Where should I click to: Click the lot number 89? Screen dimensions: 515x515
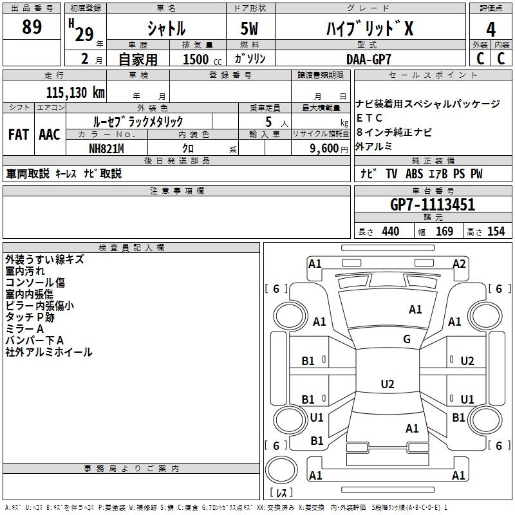click(x=32, y=28)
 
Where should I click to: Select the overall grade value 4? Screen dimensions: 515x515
click(x=491, y=30)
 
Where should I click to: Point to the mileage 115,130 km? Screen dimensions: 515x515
click(x=75, y=92)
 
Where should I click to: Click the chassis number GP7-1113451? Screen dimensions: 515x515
click(x=433, y=205)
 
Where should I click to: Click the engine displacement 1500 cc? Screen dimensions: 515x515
click(x=196, y=59)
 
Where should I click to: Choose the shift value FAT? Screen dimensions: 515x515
click(x=19, y=135)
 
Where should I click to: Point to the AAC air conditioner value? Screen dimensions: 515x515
click(x=50, y=135)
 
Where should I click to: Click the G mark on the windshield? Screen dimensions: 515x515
click(x=407, y=339)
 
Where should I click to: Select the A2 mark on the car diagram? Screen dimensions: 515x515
click(x=459, y=263)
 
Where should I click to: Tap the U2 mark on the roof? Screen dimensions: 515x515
click(x=387, y=384)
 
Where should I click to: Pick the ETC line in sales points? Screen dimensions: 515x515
click(x=370, y=118)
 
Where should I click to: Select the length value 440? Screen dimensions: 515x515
click(x=390, y=232)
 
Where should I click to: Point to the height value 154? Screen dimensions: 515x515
click(x=496, y=232)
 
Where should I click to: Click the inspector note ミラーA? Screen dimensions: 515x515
click(x=24, y=328)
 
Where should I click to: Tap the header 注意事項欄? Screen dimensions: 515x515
click(x=177, y=191)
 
